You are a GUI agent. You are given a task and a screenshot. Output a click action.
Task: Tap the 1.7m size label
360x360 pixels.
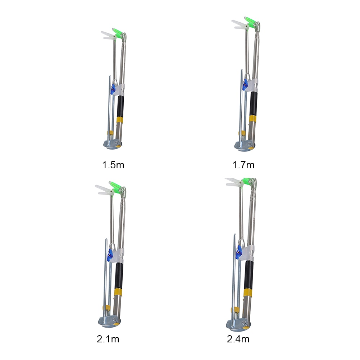(x=243, y=165)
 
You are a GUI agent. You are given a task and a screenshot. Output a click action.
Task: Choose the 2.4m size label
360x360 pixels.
(x=238, y=339)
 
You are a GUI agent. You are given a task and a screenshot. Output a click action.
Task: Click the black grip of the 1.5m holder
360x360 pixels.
(x=120, y=106)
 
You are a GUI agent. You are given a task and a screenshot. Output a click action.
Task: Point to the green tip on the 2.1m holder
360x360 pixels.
(x=115, y=186)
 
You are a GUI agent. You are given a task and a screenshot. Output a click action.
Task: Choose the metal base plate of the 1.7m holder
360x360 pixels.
(x=244, y=145)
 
